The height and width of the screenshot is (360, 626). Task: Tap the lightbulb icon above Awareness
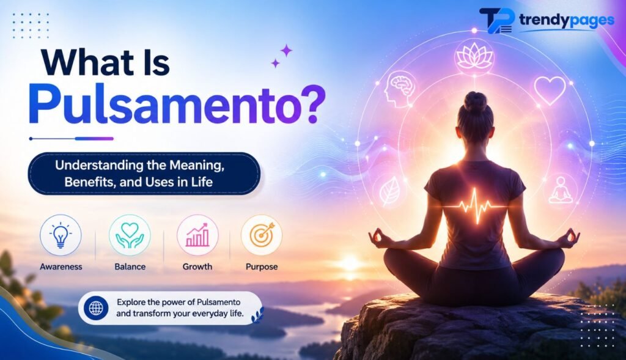[x=61, y=235]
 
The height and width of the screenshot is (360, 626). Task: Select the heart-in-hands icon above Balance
[x=130, y=235]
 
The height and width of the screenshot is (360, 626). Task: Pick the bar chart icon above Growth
[x=197, y=235]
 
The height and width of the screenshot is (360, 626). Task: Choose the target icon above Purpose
[x=262, y=235]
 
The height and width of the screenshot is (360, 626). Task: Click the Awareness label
[x=61, y=266]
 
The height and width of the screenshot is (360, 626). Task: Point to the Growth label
[x=197, y=266]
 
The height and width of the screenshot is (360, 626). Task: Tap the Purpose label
[x=262, y=267]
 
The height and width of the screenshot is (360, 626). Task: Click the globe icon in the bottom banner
[x=96, y=307]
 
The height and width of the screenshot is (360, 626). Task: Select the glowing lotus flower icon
[x=474, y=56]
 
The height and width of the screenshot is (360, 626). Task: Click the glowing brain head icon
[x=400, y=89]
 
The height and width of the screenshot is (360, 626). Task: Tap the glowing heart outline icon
[x=550, y=90]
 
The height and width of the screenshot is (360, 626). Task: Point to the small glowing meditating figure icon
[x=561, y=190]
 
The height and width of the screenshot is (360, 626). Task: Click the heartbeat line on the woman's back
[x=474, y=205]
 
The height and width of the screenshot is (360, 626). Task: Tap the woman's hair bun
[x=475, y=101]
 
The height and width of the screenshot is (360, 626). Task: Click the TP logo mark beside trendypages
[x=496, y=20]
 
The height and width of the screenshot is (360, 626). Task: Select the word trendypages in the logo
[x=567, y=20]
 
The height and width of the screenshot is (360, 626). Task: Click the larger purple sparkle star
[x=286, y=51]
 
